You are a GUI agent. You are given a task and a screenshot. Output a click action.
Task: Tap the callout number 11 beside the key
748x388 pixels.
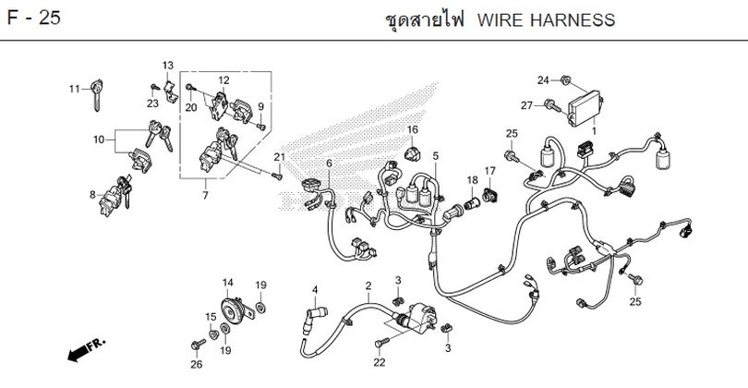(75, 89)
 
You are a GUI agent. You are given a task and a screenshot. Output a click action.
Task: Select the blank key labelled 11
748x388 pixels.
(96, 95)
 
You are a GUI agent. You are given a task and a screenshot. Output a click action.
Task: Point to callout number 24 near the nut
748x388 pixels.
(543, 80)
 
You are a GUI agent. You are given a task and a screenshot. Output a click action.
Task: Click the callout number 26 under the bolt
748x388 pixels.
(196, 364)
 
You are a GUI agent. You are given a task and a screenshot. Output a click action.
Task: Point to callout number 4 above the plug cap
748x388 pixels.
(314, 290)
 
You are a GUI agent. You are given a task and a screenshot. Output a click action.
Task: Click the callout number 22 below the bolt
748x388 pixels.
(379, 363)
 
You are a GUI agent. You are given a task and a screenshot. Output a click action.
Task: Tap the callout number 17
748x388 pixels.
(490, 171)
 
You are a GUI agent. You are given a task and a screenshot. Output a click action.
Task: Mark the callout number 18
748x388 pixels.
(471, 179)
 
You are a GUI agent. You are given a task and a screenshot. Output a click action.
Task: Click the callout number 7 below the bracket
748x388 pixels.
(205, 197)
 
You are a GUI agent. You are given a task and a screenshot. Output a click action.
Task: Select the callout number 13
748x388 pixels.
(168, 65)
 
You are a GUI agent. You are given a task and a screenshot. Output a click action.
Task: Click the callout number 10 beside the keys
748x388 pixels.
(98, 139)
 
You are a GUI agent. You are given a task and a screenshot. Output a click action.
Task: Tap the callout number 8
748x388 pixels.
(91, 195)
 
